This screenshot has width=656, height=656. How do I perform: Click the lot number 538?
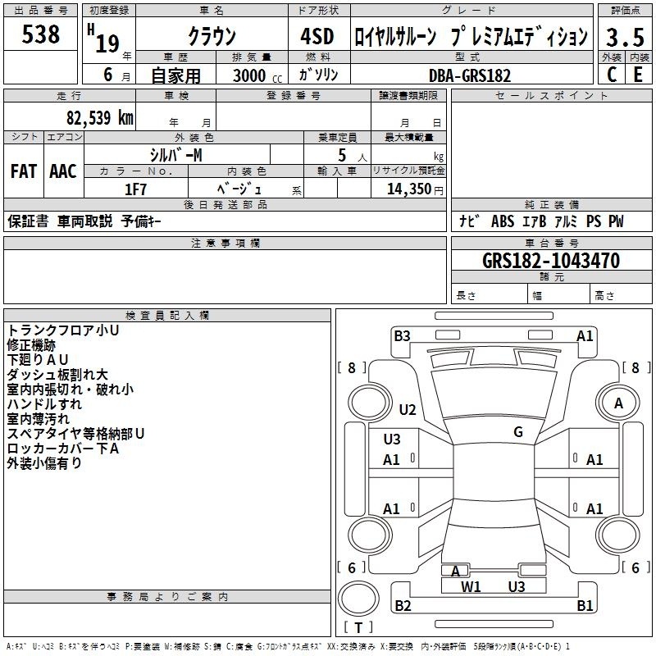coord(40,34)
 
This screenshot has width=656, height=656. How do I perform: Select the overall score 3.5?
coord(625,37)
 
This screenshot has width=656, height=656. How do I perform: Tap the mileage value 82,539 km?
coord(100,117)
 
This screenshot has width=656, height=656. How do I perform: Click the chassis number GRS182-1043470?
coord(551,261)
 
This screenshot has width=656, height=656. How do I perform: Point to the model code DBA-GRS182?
coord(470,75)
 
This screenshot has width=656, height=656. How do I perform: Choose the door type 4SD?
coord(317,36)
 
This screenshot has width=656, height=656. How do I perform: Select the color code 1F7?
coord(135,189)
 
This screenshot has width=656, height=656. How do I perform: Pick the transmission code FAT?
coord(24,171)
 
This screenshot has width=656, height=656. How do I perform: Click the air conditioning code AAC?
coord(63,171)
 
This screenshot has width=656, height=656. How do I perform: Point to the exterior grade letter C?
coord(612,75)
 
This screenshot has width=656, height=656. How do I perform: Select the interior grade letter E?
coord(638,75)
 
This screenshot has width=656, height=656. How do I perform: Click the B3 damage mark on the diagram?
coord(402,336)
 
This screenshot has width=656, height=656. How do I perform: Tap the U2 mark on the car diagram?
coord(408,409)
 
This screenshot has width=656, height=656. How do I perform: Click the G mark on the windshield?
coord(518,431)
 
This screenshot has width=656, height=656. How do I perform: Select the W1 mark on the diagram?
coord(471,587)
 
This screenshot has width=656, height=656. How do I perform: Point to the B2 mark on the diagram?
coord(403,605)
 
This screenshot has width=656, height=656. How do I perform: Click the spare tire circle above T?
coord(358,599)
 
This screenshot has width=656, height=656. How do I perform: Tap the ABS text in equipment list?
coord(503,221)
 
